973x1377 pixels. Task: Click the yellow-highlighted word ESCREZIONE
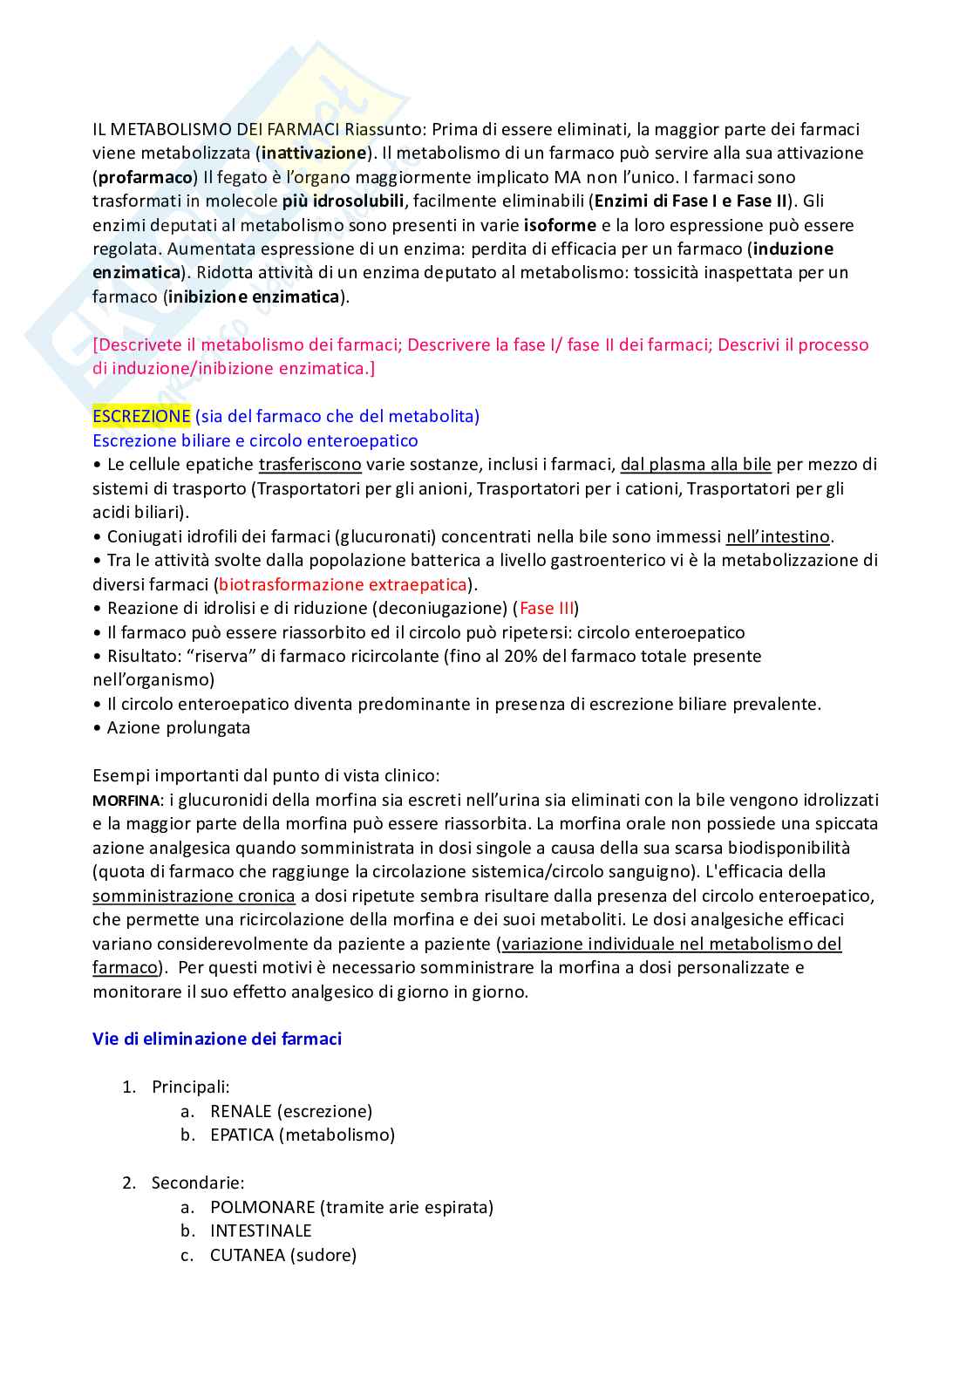click(141, 416)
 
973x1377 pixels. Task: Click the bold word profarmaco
click(145, 177)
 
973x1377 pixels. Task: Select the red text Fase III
click(547, 608)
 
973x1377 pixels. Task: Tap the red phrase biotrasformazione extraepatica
click(343, 584)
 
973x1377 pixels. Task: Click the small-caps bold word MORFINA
click(126, 801)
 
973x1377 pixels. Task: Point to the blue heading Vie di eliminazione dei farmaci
click(217, 1039)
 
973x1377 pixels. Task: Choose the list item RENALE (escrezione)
click(290, 1111)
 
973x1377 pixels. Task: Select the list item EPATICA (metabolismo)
click(302, 1135)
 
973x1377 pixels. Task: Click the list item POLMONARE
click(350, 1207)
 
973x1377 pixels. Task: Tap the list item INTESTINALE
click(261, 1230)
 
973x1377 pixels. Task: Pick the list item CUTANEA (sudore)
click(282, 1255)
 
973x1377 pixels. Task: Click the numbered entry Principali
click(190, 1087)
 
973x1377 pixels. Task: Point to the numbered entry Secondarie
click(197, 1183)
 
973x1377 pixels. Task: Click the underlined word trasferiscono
click(310, 465)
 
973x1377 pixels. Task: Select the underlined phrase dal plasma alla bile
click(696, 465)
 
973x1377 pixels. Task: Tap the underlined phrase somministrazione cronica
click(194, 896)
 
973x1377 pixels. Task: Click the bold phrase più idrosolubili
click(343, 201)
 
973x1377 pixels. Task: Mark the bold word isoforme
click(560, 225)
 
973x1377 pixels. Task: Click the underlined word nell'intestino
click(778, 536)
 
